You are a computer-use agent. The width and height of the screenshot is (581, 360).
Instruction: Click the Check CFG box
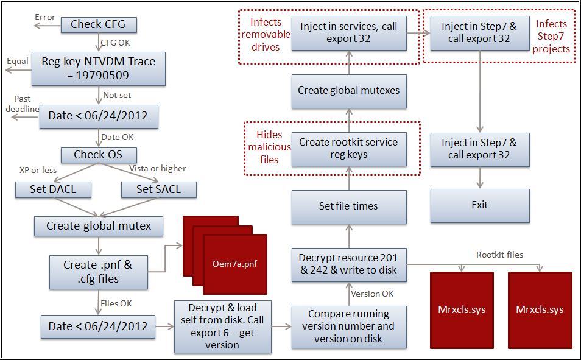pos(99,24)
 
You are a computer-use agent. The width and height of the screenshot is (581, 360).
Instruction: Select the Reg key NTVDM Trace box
pos(98,69)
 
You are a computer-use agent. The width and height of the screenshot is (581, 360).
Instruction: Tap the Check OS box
pos(98,155)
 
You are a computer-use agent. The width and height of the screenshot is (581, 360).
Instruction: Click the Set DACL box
pos(53,189)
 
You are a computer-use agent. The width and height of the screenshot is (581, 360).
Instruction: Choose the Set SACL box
pos(159,189)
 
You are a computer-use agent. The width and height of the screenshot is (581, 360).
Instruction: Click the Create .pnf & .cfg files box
pos(98,272)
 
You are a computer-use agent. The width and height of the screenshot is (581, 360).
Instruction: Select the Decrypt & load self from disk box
pos(222,326)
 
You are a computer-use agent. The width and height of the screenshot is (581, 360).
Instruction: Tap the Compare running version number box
pos(348,326)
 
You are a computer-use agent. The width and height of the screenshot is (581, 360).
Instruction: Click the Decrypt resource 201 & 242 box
pos(348,264)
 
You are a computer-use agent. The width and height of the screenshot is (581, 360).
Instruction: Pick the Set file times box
pos(348,206)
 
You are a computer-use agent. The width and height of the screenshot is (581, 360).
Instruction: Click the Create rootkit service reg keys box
pos(348,148)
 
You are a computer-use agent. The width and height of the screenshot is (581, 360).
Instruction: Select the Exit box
pos(480,205)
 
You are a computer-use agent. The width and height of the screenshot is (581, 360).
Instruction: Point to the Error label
pos(45,17)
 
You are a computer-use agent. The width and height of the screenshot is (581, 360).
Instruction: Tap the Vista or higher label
pos(158,168)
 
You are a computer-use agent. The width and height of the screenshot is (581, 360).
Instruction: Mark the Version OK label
pos(373,294)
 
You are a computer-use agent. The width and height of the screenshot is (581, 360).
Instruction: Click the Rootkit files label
pos(499,255)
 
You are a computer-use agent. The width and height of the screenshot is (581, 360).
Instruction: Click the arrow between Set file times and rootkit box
pos(349,177)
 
